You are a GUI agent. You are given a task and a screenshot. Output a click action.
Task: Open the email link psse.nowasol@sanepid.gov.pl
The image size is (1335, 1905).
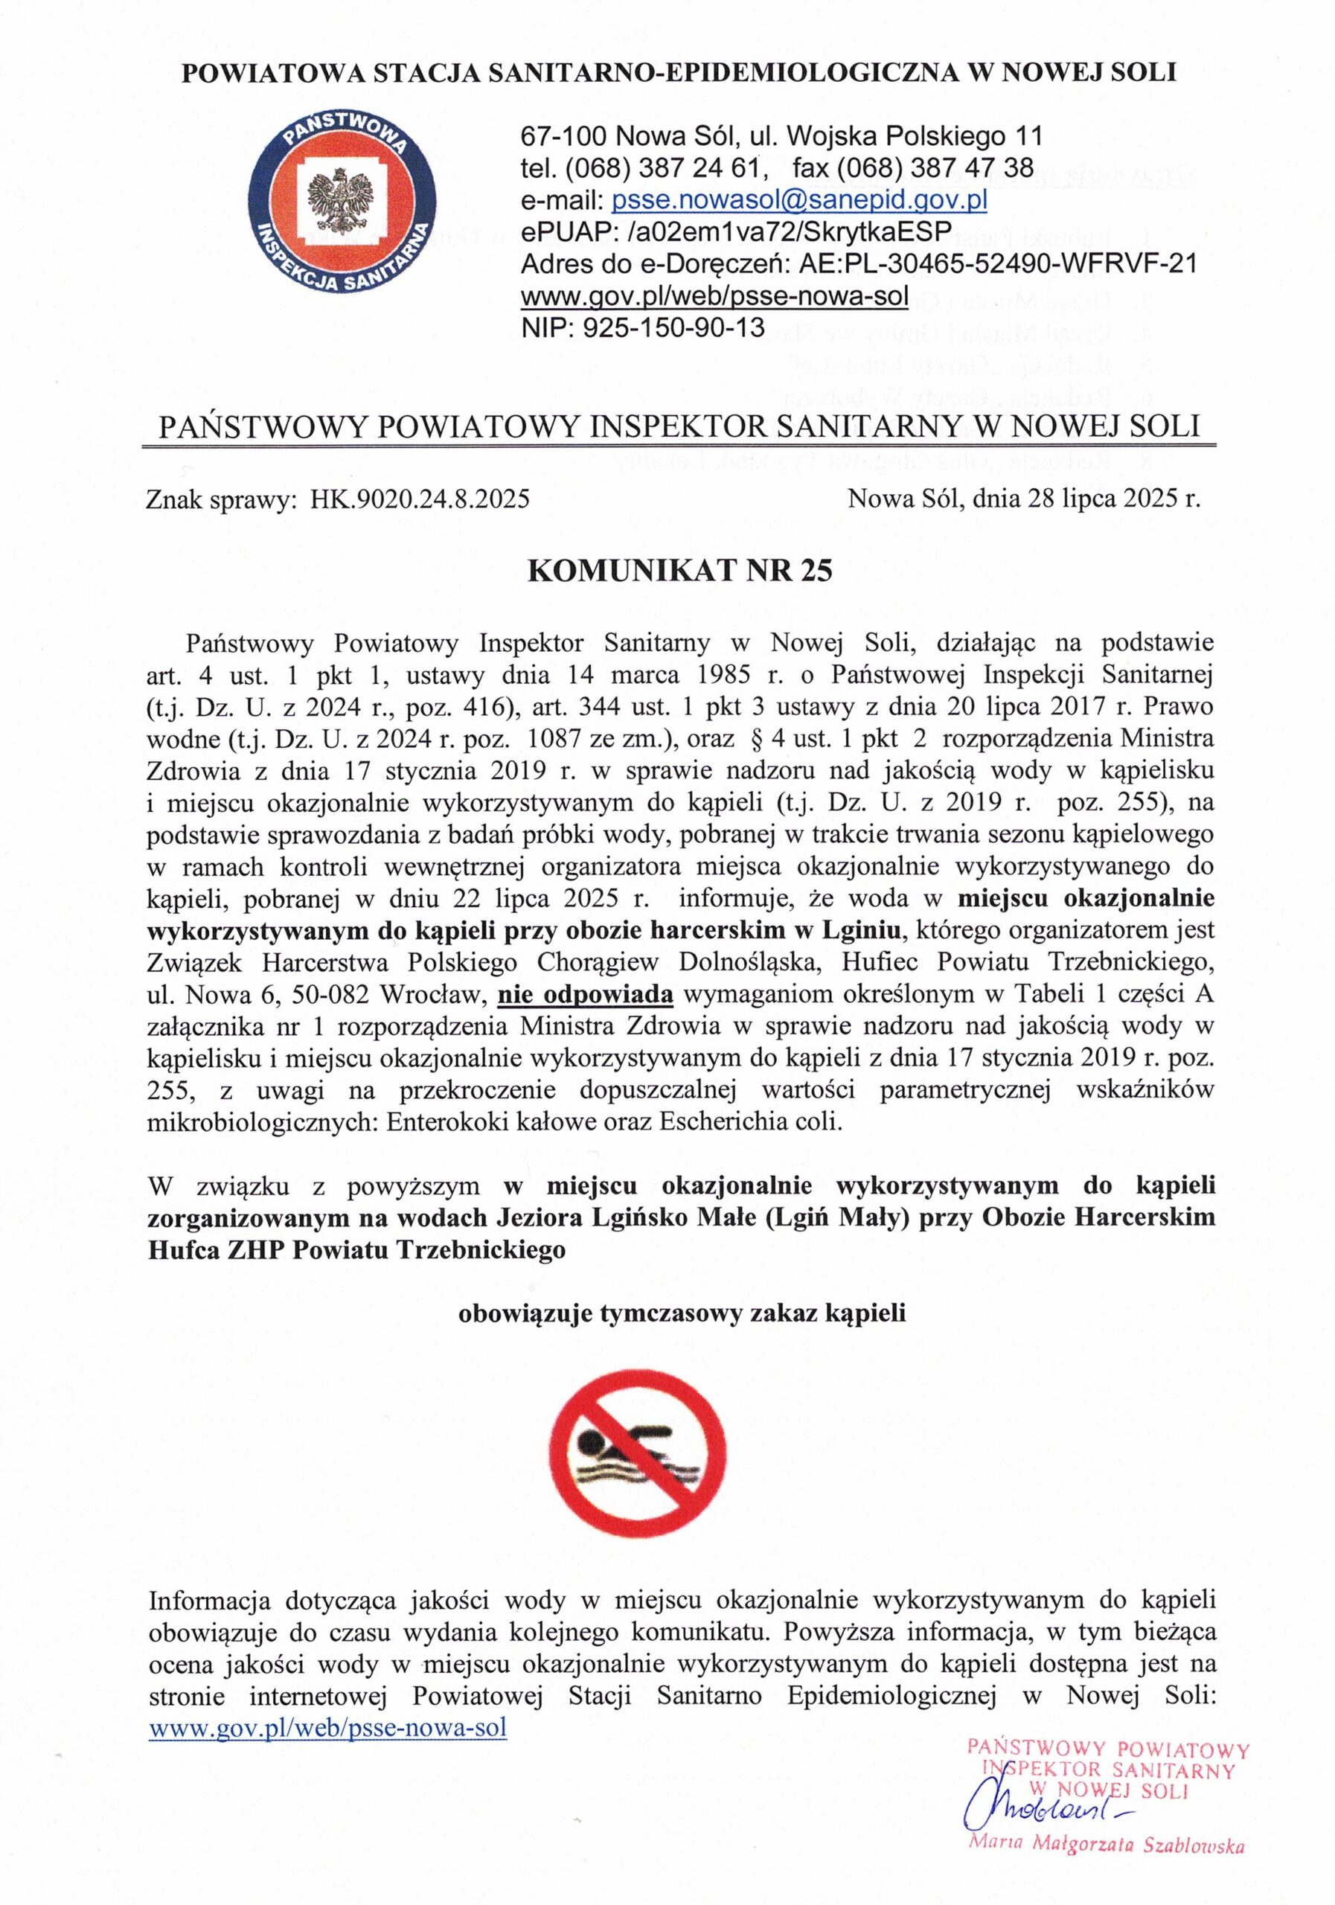coord(798,201)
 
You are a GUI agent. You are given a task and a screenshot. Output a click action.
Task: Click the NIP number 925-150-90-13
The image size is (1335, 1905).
coord(673,327)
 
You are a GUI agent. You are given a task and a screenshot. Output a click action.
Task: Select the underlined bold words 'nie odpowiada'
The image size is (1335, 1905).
coord(585,993)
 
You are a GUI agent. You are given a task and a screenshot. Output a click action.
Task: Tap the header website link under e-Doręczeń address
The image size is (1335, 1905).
coord(714,295)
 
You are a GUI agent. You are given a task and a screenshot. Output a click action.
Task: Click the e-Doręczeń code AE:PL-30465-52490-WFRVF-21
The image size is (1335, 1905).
coord(997,264)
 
